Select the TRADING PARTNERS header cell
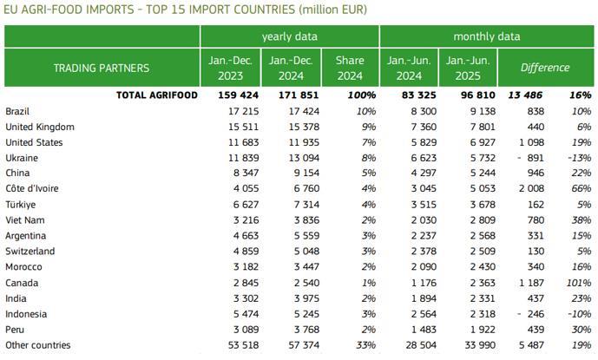[102, 68]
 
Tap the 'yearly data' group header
[289, 36]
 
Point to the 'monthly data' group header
[487, 36]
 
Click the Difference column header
[544, 68]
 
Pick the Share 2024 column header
[349, 68]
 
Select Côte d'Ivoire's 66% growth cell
[581, 189]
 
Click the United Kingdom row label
[39, 127]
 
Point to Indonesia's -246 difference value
[530, 314]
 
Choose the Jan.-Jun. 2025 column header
[467, 68]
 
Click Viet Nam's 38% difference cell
[581, 220]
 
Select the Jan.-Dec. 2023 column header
[230, 68]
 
